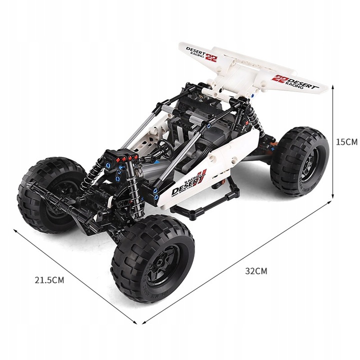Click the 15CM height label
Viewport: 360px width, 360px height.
click(346, 142)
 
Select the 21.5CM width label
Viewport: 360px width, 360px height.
click(49, 280)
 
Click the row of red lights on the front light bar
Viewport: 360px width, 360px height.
click(123, 159)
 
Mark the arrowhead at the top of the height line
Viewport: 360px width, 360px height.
click(332, 84)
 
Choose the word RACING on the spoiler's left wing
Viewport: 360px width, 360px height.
click(197, 55)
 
